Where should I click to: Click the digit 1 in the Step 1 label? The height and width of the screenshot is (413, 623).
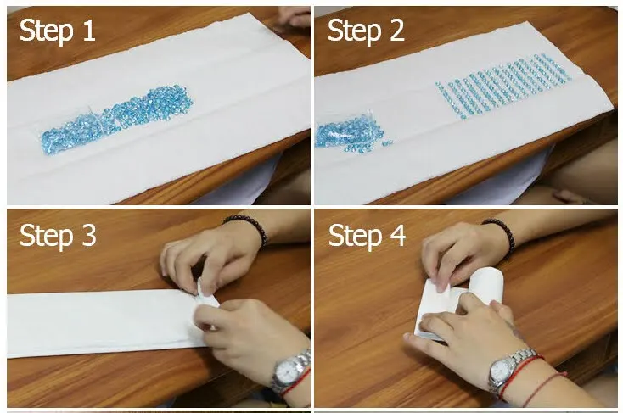coord(89,31)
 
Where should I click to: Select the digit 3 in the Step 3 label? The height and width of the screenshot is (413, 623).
coord(88,236)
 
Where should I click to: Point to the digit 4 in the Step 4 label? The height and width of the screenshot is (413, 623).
coord(396,236)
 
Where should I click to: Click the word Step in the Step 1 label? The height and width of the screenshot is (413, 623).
coord(46,32)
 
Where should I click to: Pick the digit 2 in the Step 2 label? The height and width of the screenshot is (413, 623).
coord(396,31)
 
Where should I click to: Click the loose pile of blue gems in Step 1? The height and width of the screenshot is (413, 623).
coord(117,119)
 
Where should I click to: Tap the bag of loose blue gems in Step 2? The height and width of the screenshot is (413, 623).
coord(350,133)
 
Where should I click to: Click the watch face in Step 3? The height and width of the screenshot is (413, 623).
coord(287,373)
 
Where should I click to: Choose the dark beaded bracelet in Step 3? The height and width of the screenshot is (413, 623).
coord(249,227)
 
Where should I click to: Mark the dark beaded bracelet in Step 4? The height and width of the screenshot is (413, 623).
coord(502,232)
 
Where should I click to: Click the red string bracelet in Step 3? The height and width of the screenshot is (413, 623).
coord(296,383)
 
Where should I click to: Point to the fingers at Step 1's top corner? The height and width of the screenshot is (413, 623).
coord(293,18)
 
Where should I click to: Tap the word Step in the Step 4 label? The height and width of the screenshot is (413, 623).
coord(355,237)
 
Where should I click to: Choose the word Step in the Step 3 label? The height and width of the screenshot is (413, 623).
coord(46,237)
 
